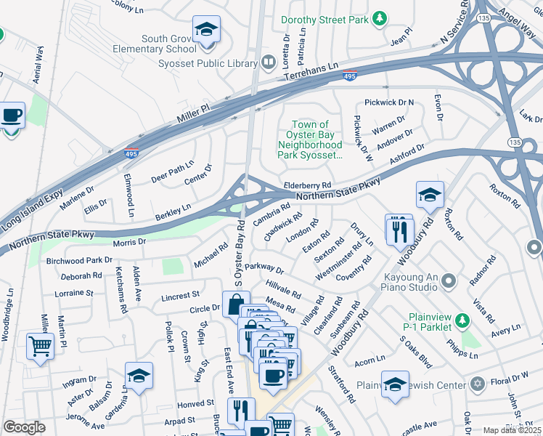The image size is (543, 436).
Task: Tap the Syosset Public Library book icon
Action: [x=268, y=62]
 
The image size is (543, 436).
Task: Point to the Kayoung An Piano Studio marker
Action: [x=448, y=280]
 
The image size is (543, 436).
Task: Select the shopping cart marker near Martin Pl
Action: [x=39, y=346]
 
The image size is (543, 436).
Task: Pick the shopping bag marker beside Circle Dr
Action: [x=237, y=305]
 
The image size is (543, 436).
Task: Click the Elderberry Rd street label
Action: [x=307, y=186]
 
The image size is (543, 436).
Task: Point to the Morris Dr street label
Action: [x=129, y=241]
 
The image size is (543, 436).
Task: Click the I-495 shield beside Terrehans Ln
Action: [x=348, y=75]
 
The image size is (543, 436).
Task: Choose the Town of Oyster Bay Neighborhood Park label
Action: [x=310, y=140]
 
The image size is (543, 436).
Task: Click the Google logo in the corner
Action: [x=24, y=427]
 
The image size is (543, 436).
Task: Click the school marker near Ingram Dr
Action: [x=138, y=376]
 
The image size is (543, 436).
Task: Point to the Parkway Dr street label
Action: [x=264, y=269]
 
